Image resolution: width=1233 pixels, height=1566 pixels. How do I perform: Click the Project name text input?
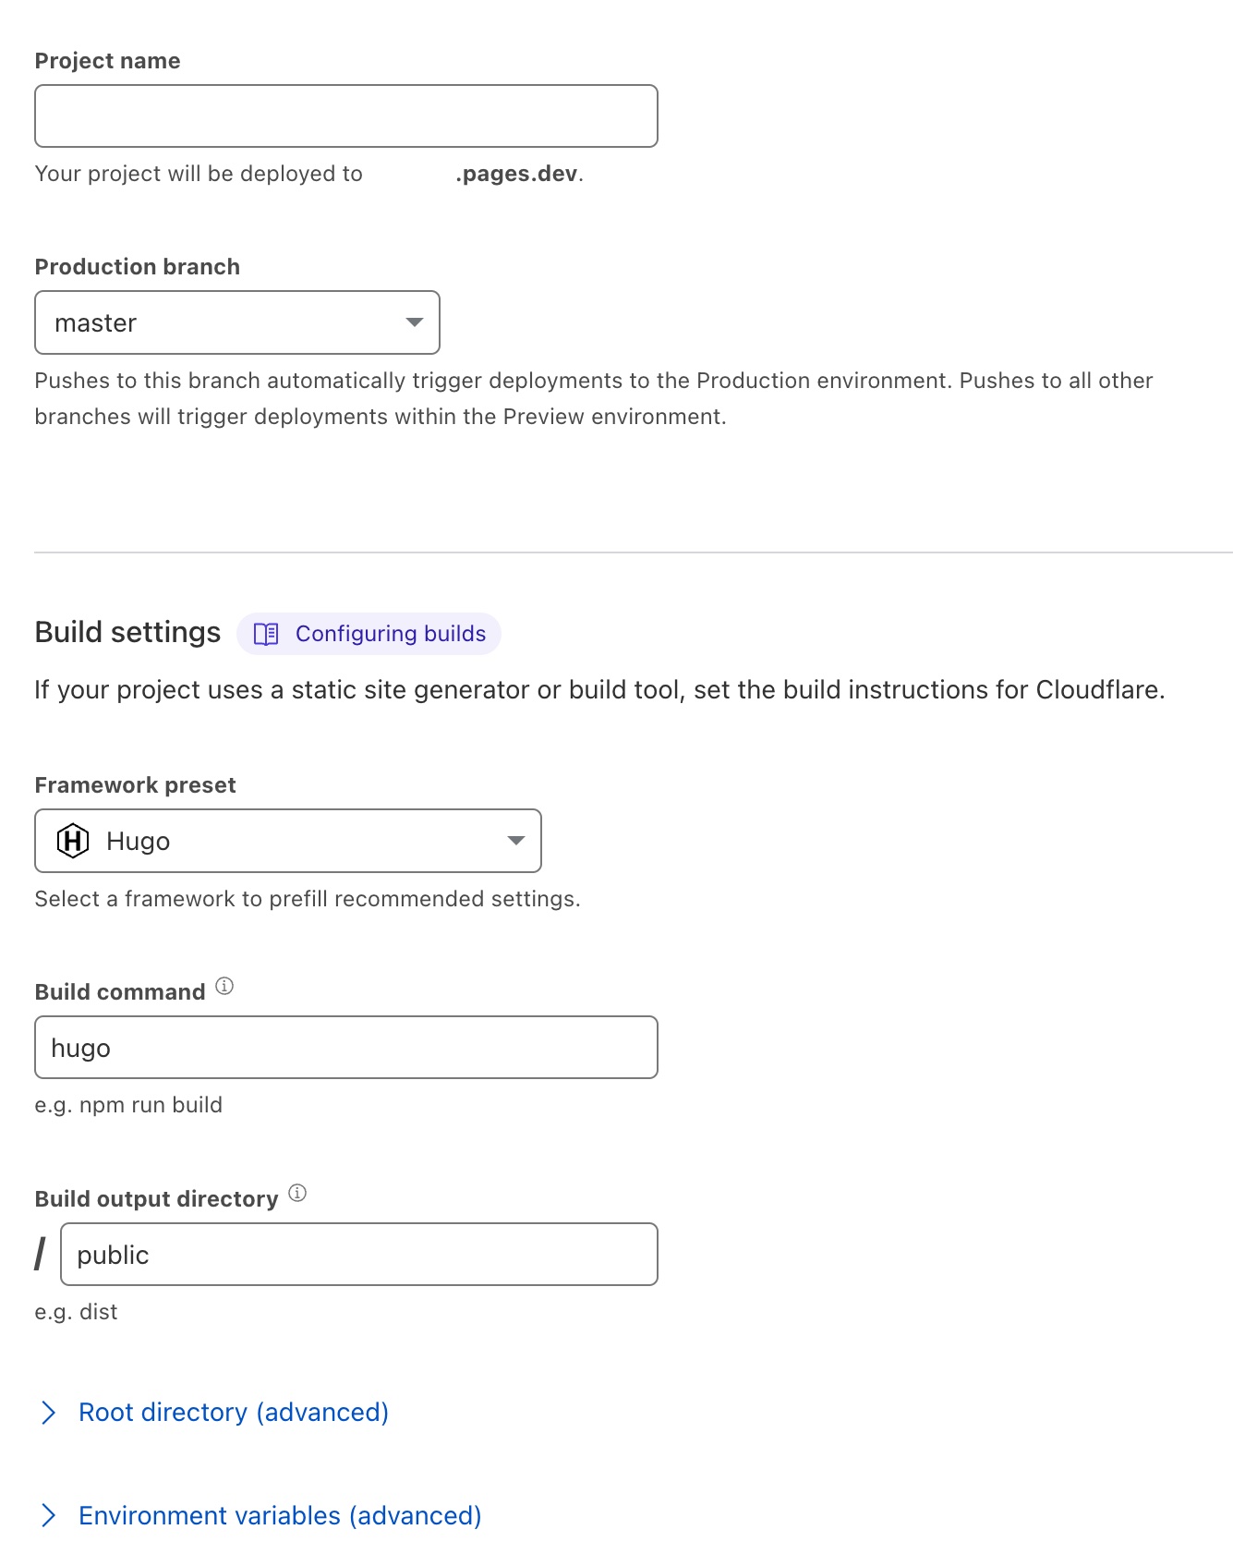click(345, 116)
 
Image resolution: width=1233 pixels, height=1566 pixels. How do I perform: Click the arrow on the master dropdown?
click(415, 322)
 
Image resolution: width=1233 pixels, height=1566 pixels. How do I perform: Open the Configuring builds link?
click(390, 634)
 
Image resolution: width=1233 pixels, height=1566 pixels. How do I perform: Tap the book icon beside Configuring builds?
click(266, 634)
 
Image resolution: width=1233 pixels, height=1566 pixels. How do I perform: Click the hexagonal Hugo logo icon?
click(73, 841)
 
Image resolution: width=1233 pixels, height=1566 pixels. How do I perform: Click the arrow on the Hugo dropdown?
click(516, 841)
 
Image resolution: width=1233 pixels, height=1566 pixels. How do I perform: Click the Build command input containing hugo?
click(345, 1048)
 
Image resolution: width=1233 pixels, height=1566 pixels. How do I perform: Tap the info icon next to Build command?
click(224, 986)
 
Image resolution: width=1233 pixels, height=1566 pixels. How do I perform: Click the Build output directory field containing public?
click(358, 1255)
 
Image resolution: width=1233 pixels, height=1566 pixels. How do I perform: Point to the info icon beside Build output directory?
click(297, 1193)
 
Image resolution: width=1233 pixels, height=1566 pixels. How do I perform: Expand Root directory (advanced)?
click(233, 1413)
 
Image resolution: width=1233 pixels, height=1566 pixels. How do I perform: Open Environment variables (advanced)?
click(280, 1516)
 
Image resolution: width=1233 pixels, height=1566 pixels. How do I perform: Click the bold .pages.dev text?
click(517, 174)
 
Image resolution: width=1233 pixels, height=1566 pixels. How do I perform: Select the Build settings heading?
click(127, 633)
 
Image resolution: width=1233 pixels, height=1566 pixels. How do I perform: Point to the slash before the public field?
click(40, 1255)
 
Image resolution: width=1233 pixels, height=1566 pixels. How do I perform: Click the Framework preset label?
click(135, 785)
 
